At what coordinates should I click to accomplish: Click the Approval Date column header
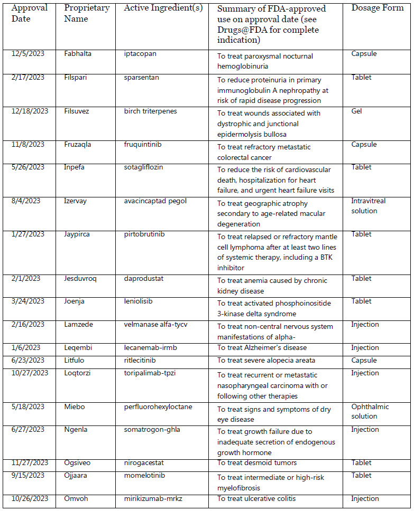click(30, 13)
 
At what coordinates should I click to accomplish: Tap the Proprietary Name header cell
click(87, 13)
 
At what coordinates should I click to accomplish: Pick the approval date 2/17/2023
click(30, 78)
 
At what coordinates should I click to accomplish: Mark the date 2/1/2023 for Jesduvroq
click(27, 279)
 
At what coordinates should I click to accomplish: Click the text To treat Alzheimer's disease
click(262, 348)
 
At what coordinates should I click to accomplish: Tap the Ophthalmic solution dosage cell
click(370, 411)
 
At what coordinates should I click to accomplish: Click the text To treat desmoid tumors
click(257, 463)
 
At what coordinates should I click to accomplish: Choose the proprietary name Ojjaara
click(77, 476)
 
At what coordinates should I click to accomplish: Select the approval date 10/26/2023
click(31, 499)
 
